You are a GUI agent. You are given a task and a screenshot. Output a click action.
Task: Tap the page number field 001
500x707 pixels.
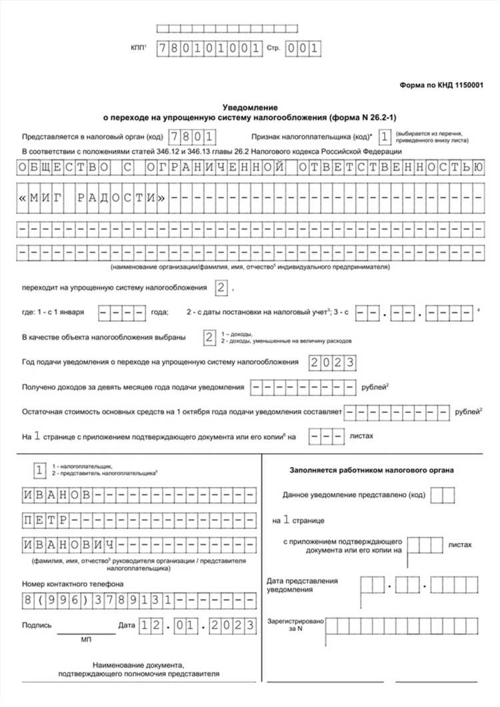tap(303, 49)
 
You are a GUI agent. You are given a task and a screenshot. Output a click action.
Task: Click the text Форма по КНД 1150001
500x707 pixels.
tap(441, 86)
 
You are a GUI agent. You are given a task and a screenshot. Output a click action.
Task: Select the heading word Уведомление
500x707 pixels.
tap(249, 107)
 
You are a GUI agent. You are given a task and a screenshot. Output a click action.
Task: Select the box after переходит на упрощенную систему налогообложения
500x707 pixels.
tap(221, 288)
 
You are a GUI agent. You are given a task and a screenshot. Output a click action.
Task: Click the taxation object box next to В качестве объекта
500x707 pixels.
tap(209, 337)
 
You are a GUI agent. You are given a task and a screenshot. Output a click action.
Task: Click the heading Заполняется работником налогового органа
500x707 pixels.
tap(372, 470)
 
